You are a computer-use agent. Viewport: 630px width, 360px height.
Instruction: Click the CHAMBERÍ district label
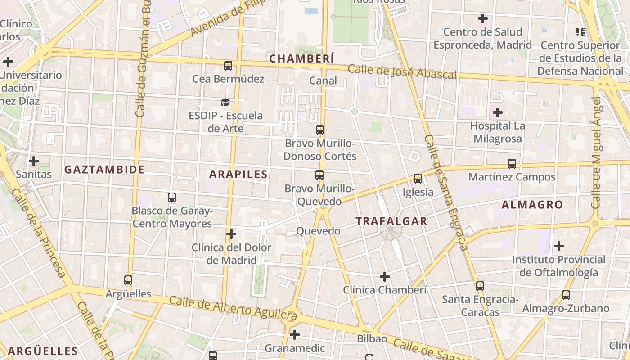pyautogui.click(x=301, y=58)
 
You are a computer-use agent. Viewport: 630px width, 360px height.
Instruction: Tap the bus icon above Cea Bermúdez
pyautogui.click(x=228, y=66)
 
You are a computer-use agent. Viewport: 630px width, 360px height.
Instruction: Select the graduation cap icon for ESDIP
pyautogui.click(x=225, y=103)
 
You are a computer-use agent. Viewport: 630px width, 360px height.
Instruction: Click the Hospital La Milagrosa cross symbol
pyautogui.click(x=497, y=112)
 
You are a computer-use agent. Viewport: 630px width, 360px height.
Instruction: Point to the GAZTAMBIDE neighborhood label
pyautogui.click(x=104, y=170)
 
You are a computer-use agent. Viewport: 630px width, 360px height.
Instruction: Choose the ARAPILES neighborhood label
pyautogui.click(x=238, y=175)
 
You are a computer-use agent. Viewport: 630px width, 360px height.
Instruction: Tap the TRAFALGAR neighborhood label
pyautogui.click(x=391, y=221)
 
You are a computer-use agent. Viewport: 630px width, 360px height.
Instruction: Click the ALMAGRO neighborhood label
pyautogui.click(x=532, y=205)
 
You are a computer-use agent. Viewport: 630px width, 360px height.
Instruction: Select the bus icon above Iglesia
pyautogui.click(x=418, y=179)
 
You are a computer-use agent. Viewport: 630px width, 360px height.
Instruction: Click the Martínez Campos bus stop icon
pyautogui.click(x=512, y=164)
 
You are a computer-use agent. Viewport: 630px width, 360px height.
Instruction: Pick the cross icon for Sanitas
pyautogui.click(x=33, y=161)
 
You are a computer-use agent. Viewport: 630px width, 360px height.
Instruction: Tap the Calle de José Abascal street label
pyautogui.click(x=402, y=72)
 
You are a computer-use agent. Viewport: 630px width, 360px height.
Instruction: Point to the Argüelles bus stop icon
pyautogui.click(x=128, y=280)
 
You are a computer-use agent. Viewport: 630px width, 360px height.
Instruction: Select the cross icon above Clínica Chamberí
pyautogui.click(x=384, y=276)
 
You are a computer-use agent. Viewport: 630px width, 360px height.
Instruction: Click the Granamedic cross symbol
pyautogui.click(x=295, y=335)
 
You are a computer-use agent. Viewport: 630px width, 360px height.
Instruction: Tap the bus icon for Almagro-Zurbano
pyautogui.click(x=566, y=295)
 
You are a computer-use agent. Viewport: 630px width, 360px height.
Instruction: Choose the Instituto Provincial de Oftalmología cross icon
pyautogui.click(x=558, y=246)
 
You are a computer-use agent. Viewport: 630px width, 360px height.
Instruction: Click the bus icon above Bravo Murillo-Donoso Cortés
pyautogui.click(x=320, y=130)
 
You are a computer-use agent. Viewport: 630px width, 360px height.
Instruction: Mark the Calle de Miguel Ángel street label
pyautogui.click(x=597, y=153)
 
